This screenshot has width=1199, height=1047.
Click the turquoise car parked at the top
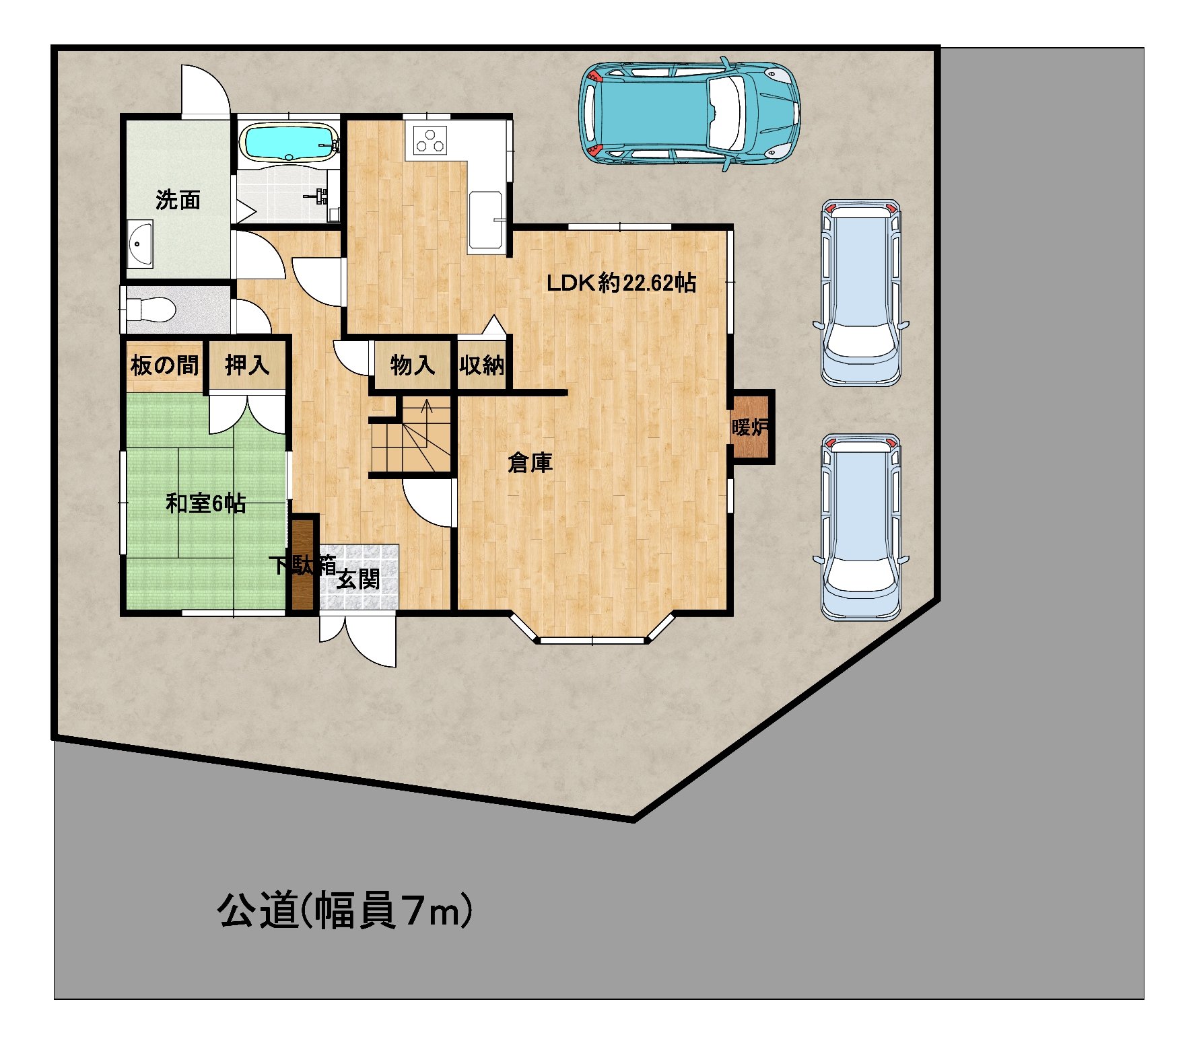(689, 113)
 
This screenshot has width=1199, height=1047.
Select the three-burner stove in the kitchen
(430, 140)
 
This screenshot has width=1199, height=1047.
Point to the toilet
(151, 310)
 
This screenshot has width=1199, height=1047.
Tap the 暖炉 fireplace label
(750, 427)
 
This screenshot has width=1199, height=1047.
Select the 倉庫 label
(530, 462)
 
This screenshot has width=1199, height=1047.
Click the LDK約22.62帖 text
(621, 283)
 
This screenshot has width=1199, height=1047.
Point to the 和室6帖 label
(205, 503)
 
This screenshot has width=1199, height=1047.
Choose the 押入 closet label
(247, 365)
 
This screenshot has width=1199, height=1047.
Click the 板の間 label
(165, 365)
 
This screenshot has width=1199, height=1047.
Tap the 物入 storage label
(412, 365)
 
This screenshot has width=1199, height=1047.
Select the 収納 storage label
(482, 365)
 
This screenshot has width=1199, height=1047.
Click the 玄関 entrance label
(358, 579)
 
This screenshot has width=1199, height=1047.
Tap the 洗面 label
(178, 200)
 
